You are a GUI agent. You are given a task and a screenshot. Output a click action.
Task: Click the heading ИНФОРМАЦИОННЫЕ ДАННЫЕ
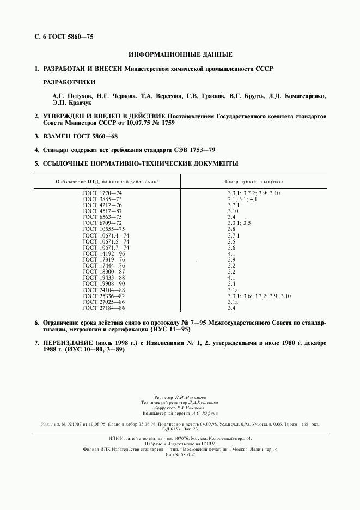coord(180,55)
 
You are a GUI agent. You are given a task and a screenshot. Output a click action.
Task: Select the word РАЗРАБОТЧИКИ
coord(69,82)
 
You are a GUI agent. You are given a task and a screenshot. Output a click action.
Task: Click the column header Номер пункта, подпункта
coord(253,181)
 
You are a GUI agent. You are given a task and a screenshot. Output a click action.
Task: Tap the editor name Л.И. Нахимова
coord(191,398)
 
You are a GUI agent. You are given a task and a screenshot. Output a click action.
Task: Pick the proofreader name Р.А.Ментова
coord(191,408)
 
